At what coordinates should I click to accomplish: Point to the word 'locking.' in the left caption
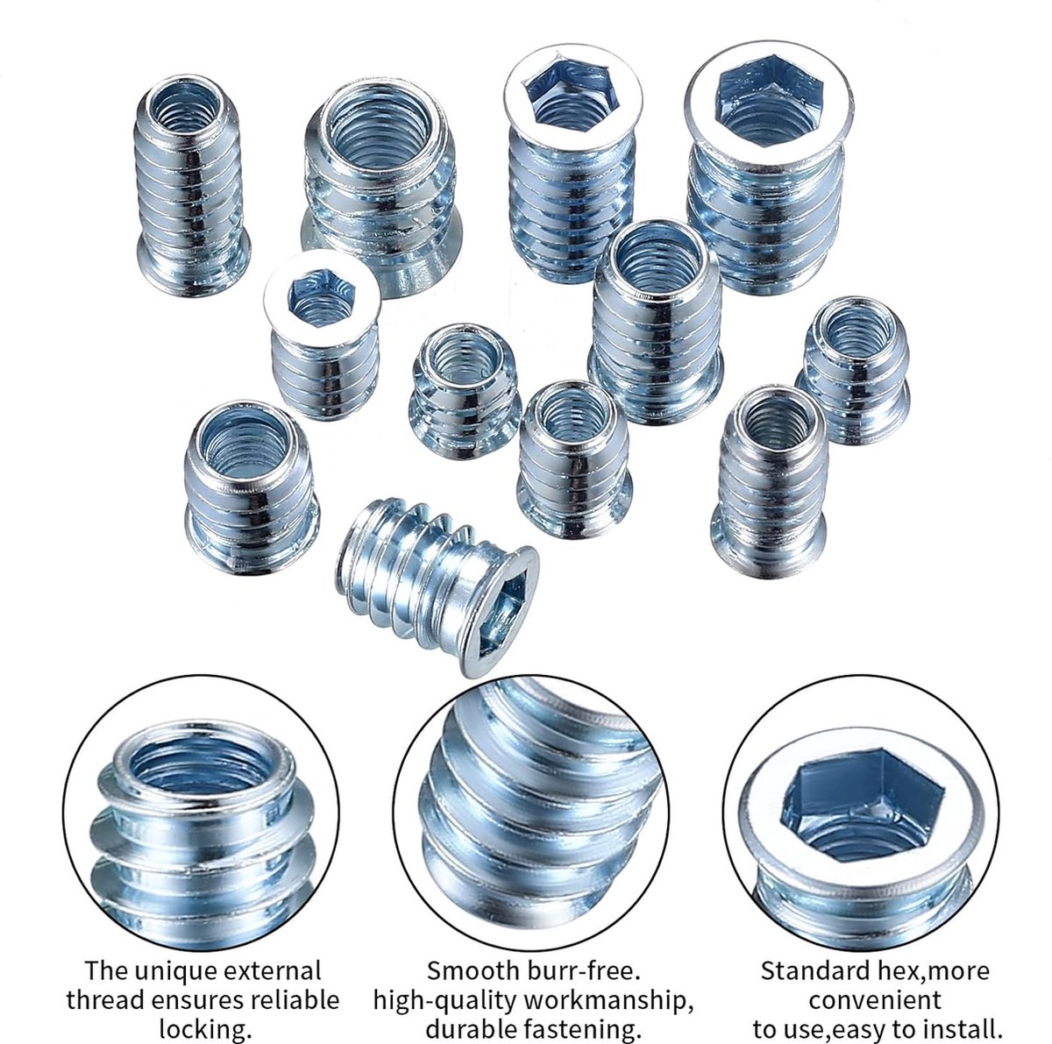[205, 1029]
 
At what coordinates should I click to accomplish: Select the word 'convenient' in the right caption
[875, 1000]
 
